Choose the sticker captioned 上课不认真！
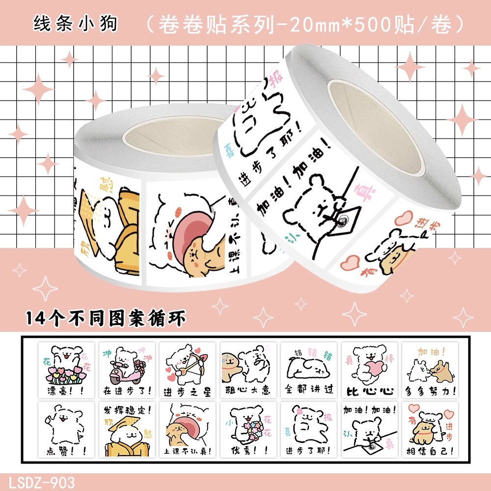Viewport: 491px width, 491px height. [188, 429]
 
